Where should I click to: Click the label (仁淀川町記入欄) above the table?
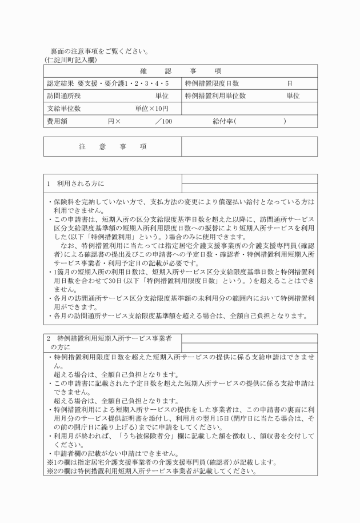[71, 59]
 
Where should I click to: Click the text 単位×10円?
[151, 109]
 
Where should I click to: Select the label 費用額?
[58, 121]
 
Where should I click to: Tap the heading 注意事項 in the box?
[112, 147]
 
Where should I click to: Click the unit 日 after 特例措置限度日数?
[290, 83]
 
